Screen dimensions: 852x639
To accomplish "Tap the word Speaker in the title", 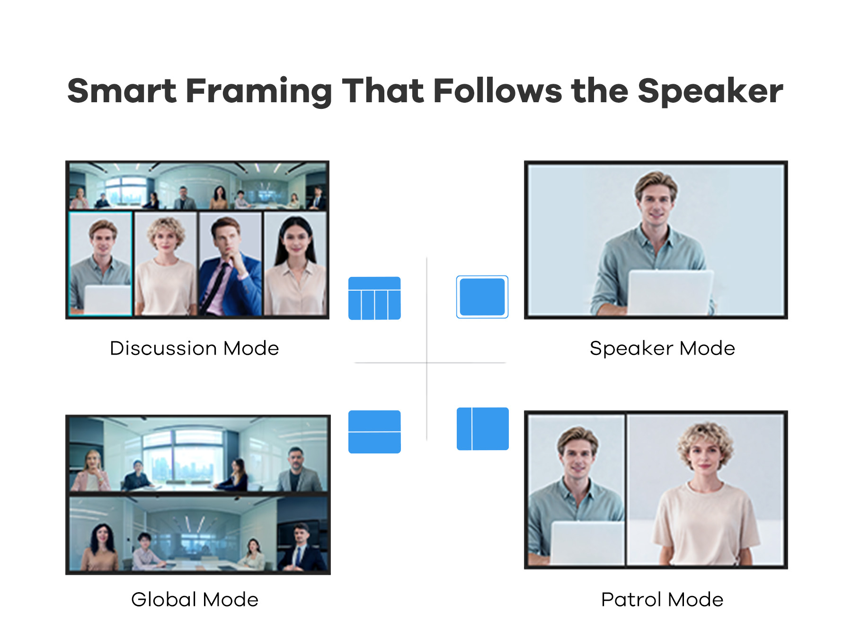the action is click(710, 92).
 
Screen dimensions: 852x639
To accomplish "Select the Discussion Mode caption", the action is click(194, 348).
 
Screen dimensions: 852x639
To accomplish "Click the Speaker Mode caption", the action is click(662, 348).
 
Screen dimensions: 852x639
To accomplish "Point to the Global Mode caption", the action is click(195, 599).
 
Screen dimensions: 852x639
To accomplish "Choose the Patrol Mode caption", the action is click(662, 599).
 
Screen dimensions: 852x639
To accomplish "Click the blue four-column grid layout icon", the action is click(374, 298).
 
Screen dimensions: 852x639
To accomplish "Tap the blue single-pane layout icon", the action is click(482, 297).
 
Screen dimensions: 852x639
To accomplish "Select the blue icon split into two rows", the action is click(374, 432).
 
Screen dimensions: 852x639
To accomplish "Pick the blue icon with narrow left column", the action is click(483, 429).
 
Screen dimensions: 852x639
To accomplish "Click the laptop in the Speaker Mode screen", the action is click(670, 293).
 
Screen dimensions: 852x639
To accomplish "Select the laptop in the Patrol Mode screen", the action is click(587, 543).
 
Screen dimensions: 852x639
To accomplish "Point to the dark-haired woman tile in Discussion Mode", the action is click(295, 264).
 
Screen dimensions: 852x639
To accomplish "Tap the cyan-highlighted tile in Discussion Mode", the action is click(100, 264).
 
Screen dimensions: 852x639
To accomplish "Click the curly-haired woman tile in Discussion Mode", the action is click(166, 264).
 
